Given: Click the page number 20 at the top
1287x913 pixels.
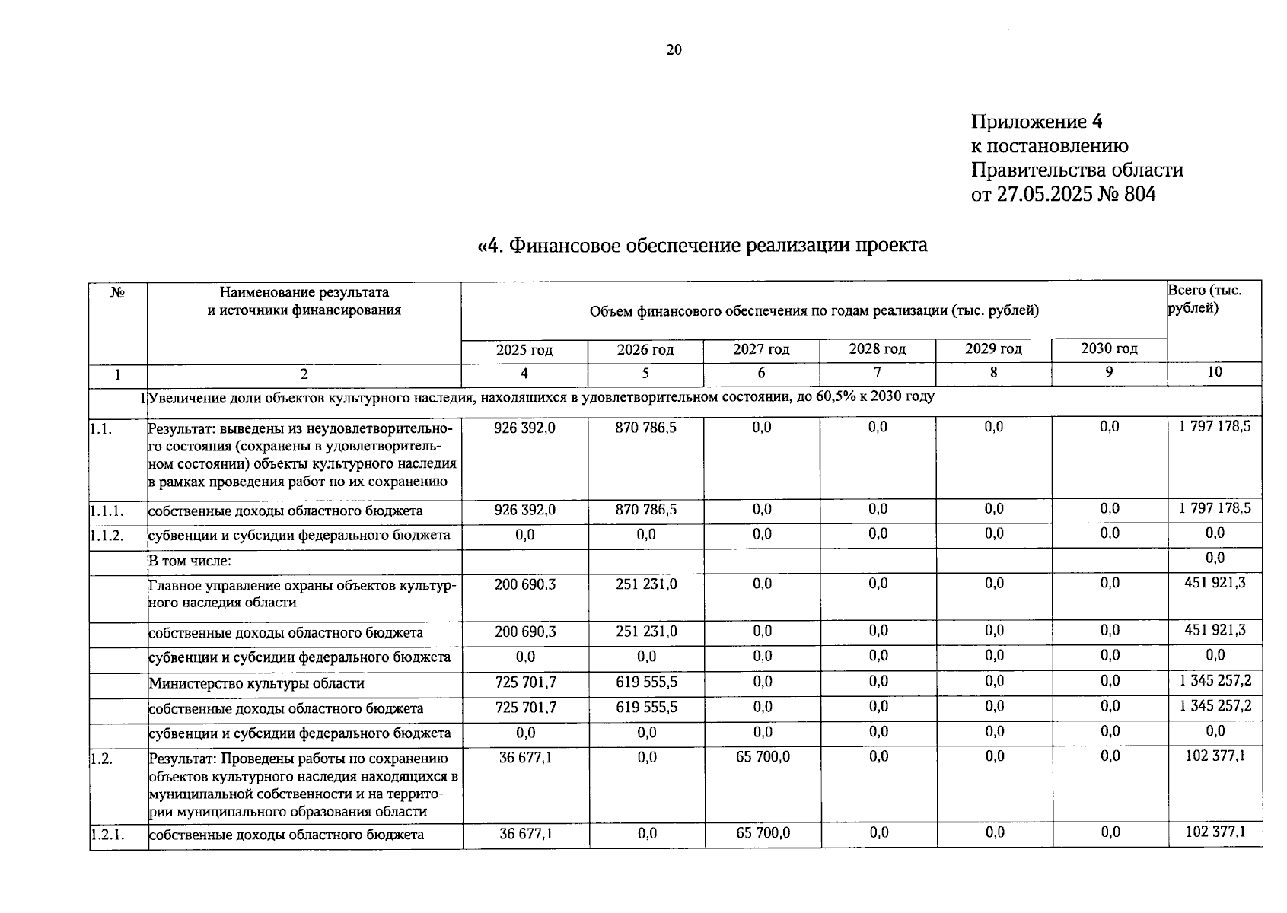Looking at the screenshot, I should (674, 50).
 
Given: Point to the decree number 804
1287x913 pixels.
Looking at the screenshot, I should (1139, 194).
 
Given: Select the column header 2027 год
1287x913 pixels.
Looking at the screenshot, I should (761, 349).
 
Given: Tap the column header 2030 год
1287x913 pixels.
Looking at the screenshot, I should (1109, 348).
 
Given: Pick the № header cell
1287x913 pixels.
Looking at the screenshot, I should (117, 293).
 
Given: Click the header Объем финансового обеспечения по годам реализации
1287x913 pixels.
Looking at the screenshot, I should (814, 310).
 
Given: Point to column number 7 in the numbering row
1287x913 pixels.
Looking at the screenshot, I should (878, 372).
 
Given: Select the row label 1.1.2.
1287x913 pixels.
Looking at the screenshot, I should (107, 536).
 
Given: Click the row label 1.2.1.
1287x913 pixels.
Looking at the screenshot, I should (107, 835).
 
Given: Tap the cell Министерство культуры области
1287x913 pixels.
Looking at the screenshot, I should (256, 683).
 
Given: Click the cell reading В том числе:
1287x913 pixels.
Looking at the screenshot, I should (190, 561).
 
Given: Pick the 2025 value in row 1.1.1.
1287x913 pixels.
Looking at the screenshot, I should (524, 510).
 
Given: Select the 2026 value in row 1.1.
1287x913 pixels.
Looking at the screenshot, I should (645, 428).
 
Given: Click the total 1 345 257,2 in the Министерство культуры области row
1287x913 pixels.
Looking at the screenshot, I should (1215, 681).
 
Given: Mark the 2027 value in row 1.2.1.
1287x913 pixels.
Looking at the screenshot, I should (763, 833).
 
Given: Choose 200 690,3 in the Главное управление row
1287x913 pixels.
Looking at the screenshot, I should (524, 584).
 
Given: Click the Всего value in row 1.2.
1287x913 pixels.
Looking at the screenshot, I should (1215, 756).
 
